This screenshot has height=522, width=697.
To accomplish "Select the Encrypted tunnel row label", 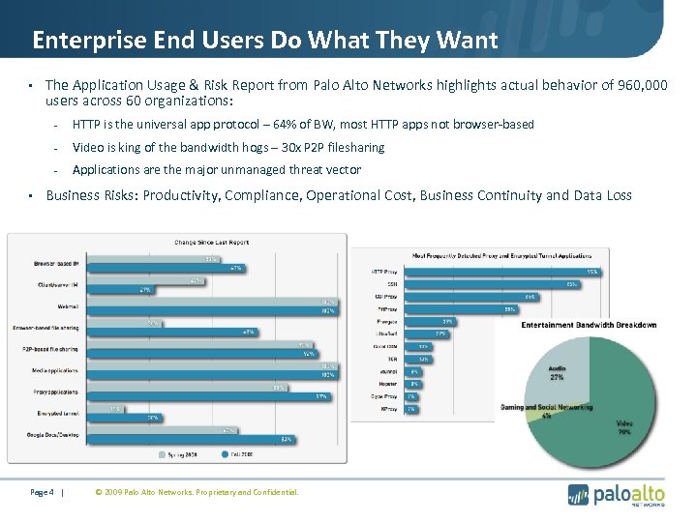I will point(58,413).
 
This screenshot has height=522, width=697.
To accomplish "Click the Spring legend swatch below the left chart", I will point(163,451).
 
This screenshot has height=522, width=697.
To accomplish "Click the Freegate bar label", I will point(385,320).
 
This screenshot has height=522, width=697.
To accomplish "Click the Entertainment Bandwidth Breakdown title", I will point(589,325).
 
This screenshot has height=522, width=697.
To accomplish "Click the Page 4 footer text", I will point(43,492).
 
